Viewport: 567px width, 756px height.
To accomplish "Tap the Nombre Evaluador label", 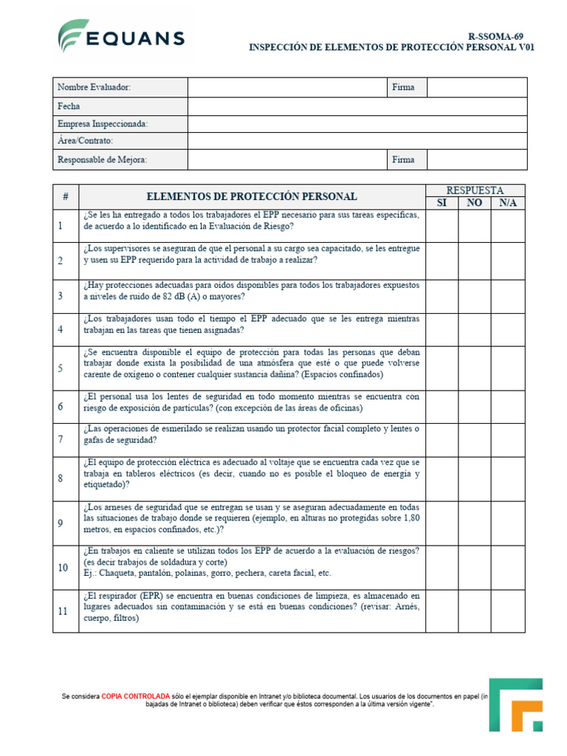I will click(94, 87).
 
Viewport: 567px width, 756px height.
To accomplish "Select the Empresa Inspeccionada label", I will click(102, 123).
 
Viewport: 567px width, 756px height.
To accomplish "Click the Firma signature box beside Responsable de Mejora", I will click(477, 159).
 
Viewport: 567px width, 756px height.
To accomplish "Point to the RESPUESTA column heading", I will click(475, 190).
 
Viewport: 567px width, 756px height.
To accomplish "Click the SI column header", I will click(441, 203).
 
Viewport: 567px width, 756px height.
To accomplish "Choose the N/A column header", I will click(508, 203).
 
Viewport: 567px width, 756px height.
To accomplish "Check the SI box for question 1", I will click(441, 225).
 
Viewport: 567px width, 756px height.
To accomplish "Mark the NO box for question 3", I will click(475, 296).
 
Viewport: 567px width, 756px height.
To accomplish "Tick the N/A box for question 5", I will click(508, 368).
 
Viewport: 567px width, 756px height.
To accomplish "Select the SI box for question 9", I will click(441, 523).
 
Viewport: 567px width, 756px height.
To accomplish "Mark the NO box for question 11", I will click(475, 611).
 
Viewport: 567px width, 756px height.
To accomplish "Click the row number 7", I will click(61, 439).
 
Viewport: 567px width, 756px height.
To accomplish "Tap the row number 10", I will click(63, 567).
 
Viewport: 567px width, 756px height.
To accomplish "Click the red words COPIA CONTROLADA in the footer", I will click(135, 696).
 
